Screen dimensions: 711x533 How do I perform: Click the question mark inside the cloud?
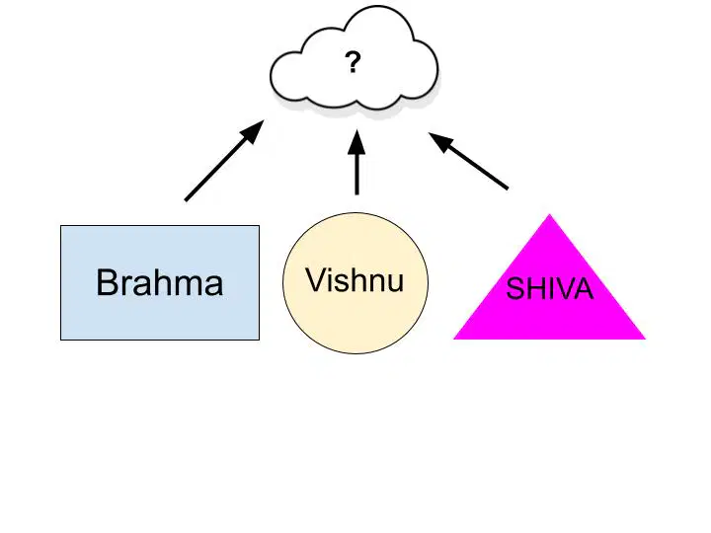[x=353, y=62]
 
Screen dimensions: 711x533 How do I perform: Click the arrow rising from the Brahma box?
[x=224, y=160]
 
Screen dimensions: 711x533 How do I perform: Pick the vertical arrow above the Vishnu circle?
[x=356, y=162]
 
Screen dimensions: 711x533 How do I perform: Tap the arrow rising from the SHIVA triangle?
[x=468, y=161]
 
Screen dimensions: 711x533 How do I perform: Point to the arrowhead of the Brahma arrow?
[x=253, y=131]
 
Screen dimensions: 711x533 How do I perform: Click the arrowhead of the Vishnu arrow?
[x=356, y=141]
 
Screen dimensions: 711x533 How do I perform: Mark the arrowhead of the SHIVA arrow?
[x=440, y=141]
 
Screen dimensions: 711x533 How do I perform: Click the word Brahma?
[x=160, y=282]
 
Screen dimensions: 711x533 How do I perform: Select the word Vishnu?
[x=355, y=279]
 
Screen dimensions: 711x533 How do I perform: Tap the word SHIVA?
[x=550, y=288]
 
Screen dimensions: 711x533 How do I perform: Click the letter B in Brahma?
[x=107, y=282]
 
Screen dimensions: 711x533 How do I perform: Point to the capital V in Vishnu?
[x=317, y=279]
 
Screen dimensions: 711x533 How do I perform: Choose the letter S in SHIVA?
[x=514, y=288]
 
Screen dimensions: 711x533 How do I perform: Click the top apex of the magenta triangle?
[x=550, y=214]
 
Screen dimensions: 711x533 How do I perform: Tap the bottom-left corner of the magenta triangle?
[x=454, y=339]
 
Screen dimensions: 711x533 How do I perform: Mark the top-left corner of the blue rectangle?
[x=61, y=226]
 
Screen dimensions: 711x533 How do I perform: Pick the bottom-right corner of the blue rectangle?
[x=260, y=340]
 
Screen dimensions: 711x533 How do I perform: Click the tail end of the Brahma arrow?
[x=186, y=199]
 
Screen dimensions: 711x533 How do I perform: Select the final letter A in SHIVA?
[x=584, y=288]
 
